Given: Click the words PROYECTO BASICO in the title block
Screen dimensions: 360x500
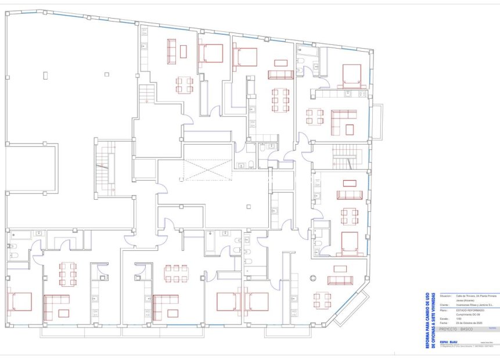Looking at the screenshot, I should click(x=456, y=329).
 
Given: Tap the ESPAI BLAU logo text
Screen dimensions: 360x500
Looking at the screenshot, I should click(x=448, y=341).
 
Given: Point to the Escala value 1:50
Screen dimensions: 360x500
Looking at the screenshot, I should click(x=458, y=319).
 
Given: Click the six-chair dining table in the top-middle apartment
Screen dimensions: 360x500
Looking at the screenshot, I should click(x=280, y=100).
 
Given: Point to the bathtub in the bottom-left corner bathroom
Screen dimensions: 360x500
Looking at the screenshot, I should click(x=21, y=235).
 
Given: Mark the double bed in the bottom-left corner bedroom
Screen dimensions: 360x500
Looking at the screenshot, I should click(x=21, y=301).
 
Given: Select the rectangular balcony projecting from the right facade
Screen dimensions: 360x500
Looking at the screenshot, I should click(x=377, y=121).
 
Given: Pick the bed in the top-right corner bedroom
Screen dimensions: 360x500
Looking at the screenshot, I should click(x=351, y=75).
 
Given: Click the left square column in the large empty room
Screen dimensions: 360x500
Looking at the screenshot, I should click(x=46, y=74).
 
